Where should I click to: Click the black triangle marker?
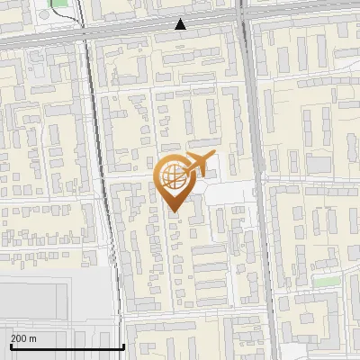pyautogui.click(x=181, y=24)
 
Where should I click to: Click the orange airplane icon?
pyautogui.click(x=200, y=164)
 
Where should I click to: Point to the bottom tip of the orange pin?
pyautogui.click(x=174, y=211)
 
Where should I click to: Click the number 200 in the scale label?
pyautogui.click(x=19, y=339)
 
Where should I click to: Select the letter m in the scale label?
pyautogui.click(x=33, y=339)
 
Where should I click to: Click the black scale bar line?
pyautogui.click(x=67, y=346)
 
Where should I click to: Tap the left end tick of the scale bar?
pyautogui.click(x=10, y=345)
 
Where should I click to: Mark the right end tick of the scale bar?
pyautogui.click(x=123, y=345)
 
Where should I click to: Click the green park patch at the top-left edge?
pyautogui.click(x=60, y=3)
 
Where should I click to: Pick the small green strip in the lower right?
pyautogui.click(x=326, y=281)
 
